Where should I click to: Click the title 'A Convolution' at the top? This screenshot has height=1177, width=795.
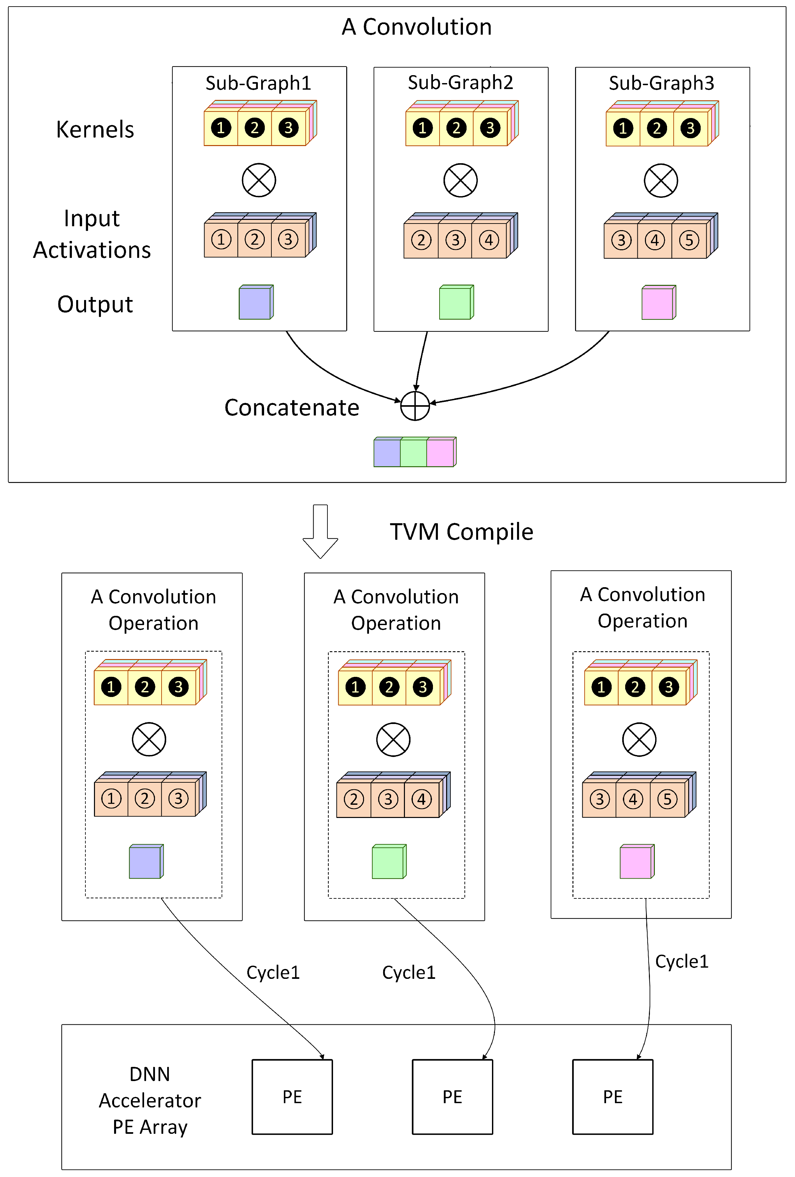coord(416,27)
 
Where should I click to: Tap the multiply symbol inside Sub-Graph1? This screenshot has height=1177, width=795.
coord(259,180)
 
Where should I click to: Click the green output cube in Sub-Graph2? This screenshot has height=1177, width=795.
coord(456,303)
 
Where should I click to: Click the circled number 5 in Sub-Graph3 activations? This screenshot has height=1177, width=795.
coord(689,240)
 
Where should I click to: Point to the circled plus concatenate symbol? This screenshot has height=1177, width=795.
coord(415,406)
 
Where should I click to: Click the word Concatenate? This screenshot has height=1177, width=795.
coord(292,408)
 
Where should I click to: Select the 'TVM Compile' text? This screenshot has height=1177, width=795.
coord(461,532)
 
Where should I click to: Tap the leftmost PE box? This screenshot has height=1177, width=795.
coord(292,1097)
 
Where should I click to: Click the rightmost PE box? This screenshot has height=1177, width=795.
coord(612,1097)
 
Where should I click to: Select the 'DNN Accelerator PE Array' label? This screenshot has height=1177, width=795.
coord(150,1100)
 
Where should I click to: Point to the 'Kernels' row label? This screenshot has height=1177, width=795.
coord(95,130)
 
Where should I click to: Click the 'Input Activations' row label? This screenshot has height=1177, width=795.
coord(92,234)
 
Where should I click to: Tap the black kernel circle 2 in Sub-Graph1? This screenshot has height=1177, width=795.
coord(254,128)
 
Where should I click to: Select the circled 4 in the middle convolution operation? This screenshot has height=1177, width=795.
coord(421,799)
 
